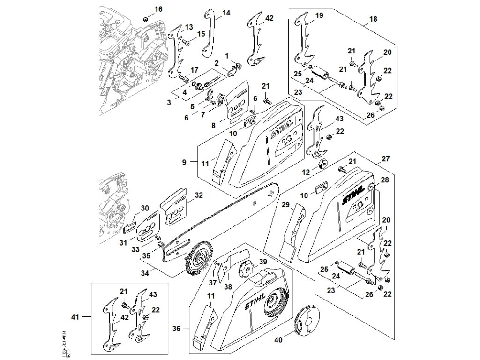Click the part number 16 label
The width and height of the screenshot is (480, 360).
(158, 9)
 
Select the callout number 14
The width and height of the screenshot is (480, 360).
(226, 13)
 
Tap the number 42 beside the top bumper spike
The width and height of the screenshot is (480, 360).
(269, 18)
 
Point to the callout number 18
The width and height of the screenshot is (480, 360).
(374, 19)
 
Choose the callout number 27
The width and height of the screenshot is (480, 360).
(385, 159)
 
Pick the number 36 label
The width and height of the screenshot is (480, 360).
(176, 329)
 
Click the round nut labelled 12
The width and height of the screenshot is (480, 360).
(322, 165)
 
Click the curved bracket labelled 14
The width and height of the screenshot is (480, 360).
(208, 34)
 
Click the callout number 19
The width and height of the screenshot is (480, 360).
(319, 16)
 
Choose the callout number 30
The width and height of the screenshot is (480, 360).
(144, 209)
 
